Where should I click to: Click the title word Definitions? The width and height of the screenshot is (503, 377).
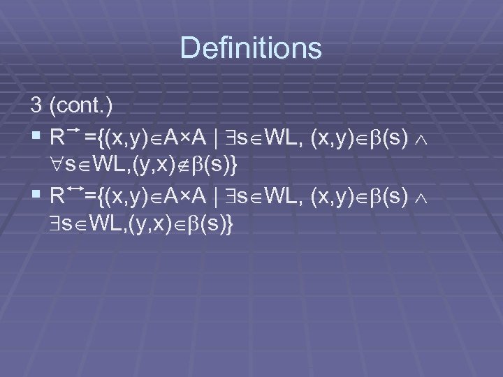[x=251, y=48]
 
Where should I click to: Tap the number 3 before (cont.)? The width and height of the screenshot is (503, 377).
[x=36, y=105]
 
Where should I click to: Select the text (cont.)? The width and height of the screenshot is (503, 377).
[x=83, y=106]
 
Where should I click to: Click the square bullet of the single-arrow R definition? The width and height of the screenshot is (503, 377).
[x=36, y=136]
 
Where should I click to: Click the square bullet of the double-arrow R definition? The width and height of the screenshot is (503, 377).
[x=36, y=198]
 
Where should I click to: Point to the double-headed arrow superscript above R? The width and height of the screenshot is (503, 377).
[x=74, y=189]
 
